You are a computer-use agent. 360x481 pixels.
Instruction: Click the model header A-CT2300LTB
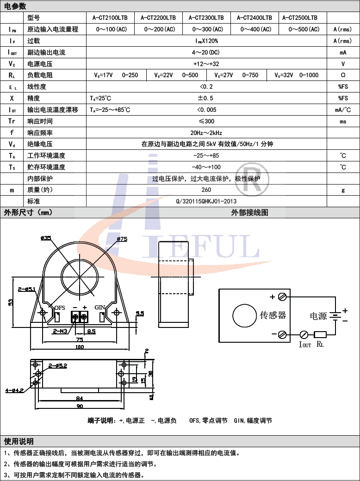206,18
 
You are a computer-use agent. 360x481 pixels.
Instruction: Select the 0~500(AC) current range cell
304,29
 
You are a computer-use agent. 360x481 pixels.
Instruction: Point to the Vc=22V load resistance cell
176,75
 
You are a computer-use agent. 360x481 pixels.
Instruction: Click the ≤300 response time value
206,121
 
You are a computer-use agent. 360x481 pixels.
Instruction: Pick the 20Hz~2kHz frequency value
206,133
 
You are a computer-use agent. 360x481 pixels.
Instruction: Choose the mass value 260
206,190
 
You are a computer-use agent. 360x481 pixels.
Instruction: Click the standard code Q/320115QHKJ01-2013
206,201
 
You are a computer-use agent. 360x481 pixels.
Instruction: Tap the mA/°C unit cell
343,110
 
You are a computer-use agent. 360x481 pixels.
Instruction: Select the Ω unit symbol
343,75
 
